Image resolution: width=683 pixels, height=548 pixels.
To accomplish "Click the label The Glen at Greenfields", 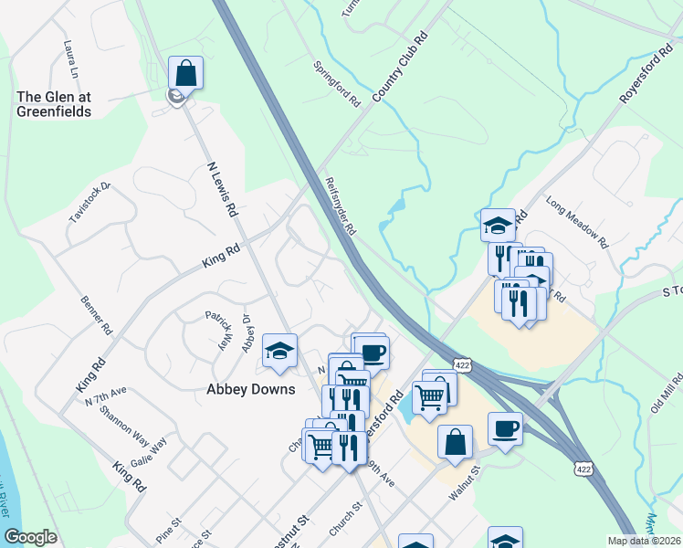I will coord(54,104).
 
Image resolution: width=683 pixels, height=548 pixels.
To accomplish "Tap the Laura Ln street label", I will coord(69,58).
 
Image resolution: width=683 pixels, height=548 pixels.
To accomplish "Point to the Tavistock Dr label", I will coord(89,204).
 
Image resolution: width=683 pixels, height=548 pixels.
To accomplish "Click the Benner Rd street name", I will coord(95,313).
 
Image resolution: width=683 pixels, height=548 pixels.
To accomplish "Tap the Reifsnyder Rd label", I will coord(340,205).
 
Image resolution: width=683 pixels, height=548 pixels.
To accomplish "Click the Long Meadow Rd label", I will coord(577,222).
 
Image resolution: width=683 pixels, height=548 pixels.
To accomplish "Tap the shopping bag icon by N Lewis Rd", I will coord(185,73).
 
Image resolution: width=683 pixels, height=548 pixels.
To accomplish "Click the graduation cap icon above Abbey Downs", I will coord(279,351).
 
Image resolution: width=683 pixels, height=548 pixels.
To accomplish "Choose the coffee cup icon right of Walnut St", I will coord(505,427).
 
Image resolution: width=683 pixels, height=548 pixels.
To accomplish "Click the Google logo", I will coord(30,537).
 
